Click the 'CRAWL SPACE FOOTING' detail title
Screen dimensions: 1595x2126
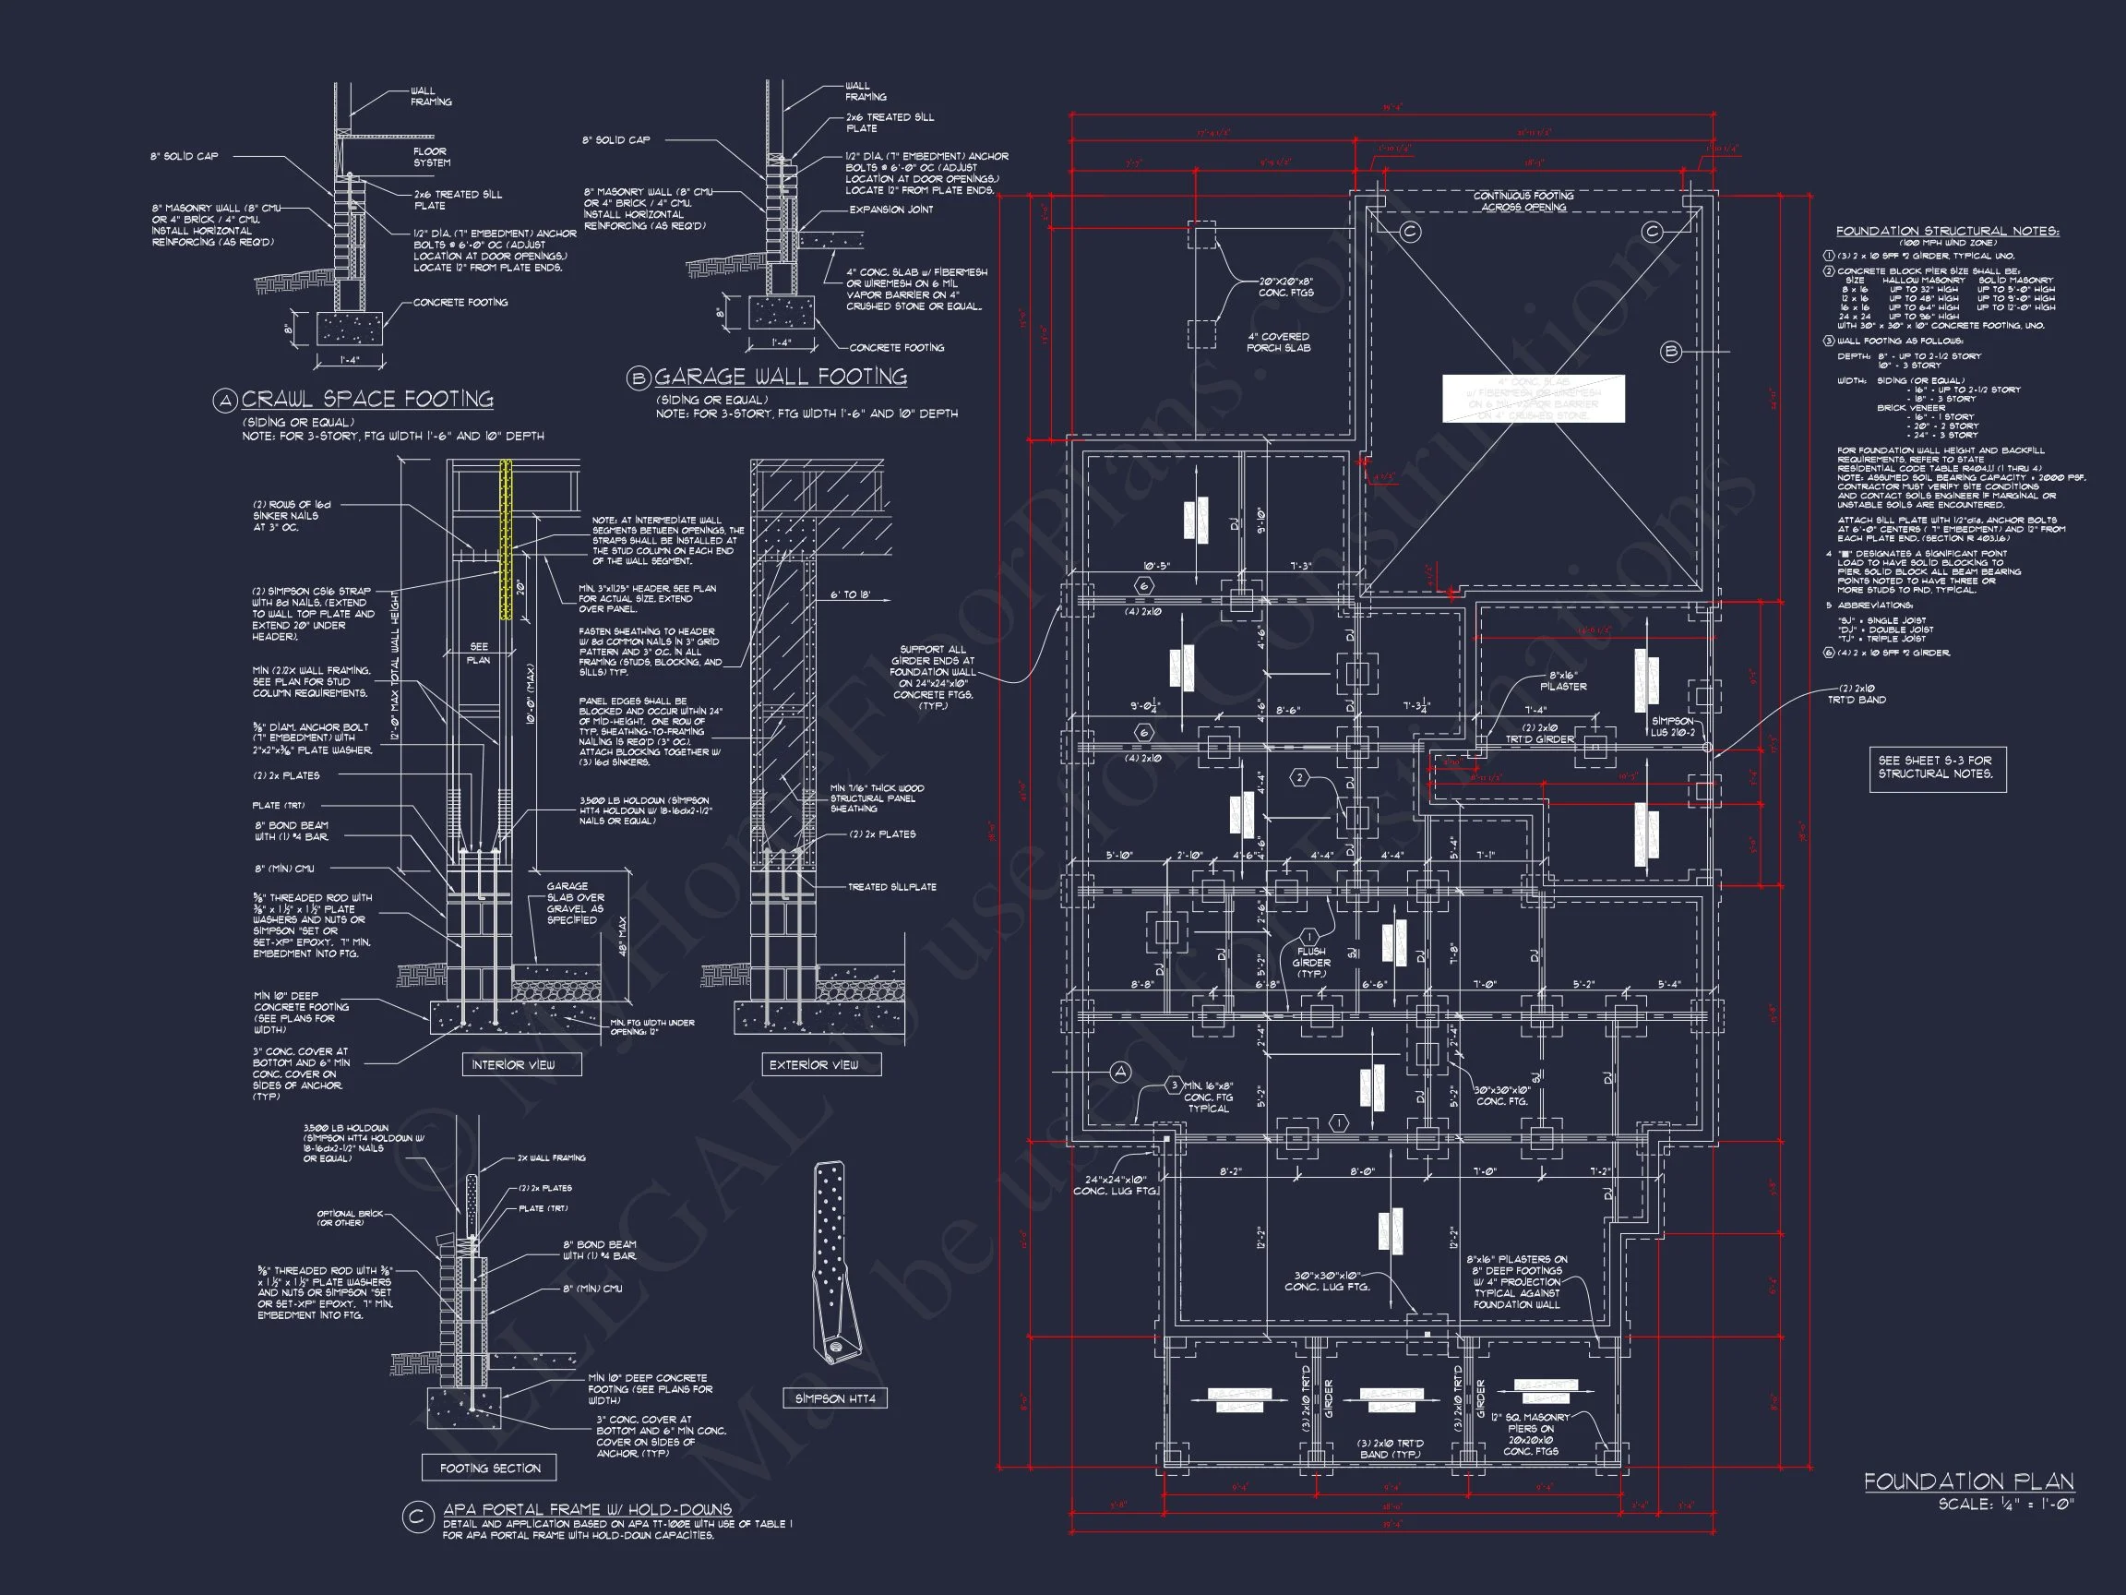pyautogui.click(x=367, y=399)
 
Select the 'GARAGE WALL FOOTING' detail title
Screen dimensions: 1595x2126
pyautogui.click(x=781, y=377)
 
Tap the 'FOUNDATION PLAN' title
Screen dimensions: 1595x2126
pyautogui.click(x=1968, y=1481)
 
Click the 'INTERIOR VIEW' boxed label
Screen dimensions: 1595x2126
pyautogui.click(x=512, y=1064)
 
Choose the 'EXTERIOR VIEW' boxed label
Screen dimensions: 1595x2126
pyautogui.click(x=813, y=1064)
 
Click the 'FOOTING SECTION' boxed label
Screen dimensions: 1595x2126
pyautogui.click(x=490, y=1469)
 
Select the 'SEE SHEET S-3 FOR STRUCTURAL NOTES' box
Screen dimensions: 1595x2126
pyautogui.click(x=1937, y=766)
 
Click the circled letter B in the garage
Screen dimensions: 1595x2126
pyautogui.click(x=1670, y=352)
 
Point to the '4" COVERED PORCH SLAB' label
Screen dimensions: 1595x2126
pyautogui.click(x=1277, y=342)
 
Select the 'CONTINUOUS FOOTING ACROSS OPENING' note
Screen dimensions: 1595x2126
pyautogui.click(x=1523, y=201)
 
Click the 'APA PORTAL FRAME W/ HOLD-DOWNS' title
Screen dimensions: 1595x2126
pyautogui.click(x=586, y=1509)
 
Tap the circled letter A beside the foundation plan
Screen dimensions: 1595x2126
pyautogui.click(x=1120, y=1072)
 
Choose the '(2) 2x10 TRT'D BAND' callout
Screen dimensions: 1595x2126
pyautogui.click(x=1856, y=694)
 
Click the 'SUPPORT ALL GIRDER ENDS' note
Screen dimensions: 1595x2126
pyautogui.click(x=932, y=678)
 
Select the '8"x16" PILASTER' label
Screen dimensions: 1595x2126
pyautogui.click(x=1563, y=680)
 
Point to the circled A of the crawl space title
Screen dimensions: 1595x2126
pyautogui.click(x=225, y=401)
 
